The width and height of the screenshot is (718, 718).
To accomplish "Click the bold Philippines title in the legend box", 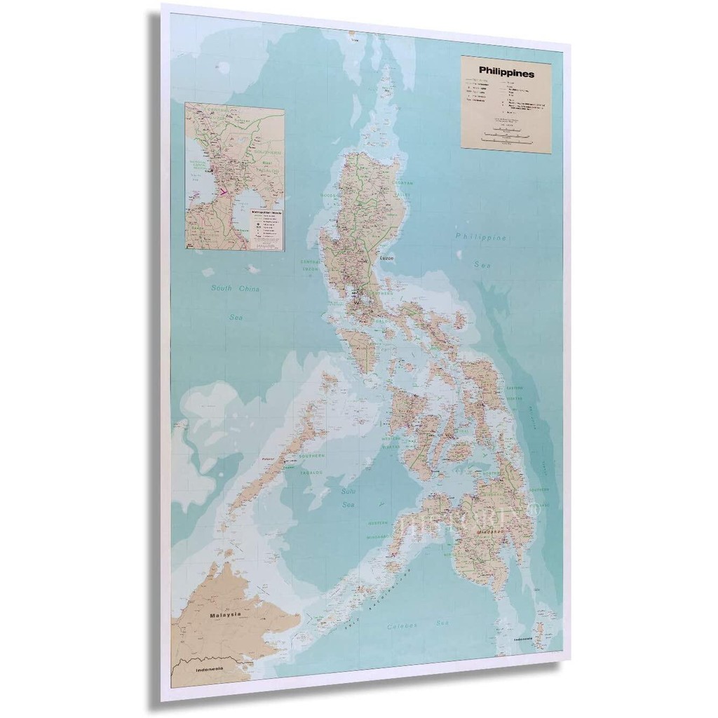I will (506, 72).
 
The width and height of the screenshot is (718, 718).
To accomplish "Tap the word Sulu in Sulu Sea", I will (349, 492).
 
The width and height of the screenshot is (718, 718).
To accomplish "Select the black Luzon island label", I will (388, 258).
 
